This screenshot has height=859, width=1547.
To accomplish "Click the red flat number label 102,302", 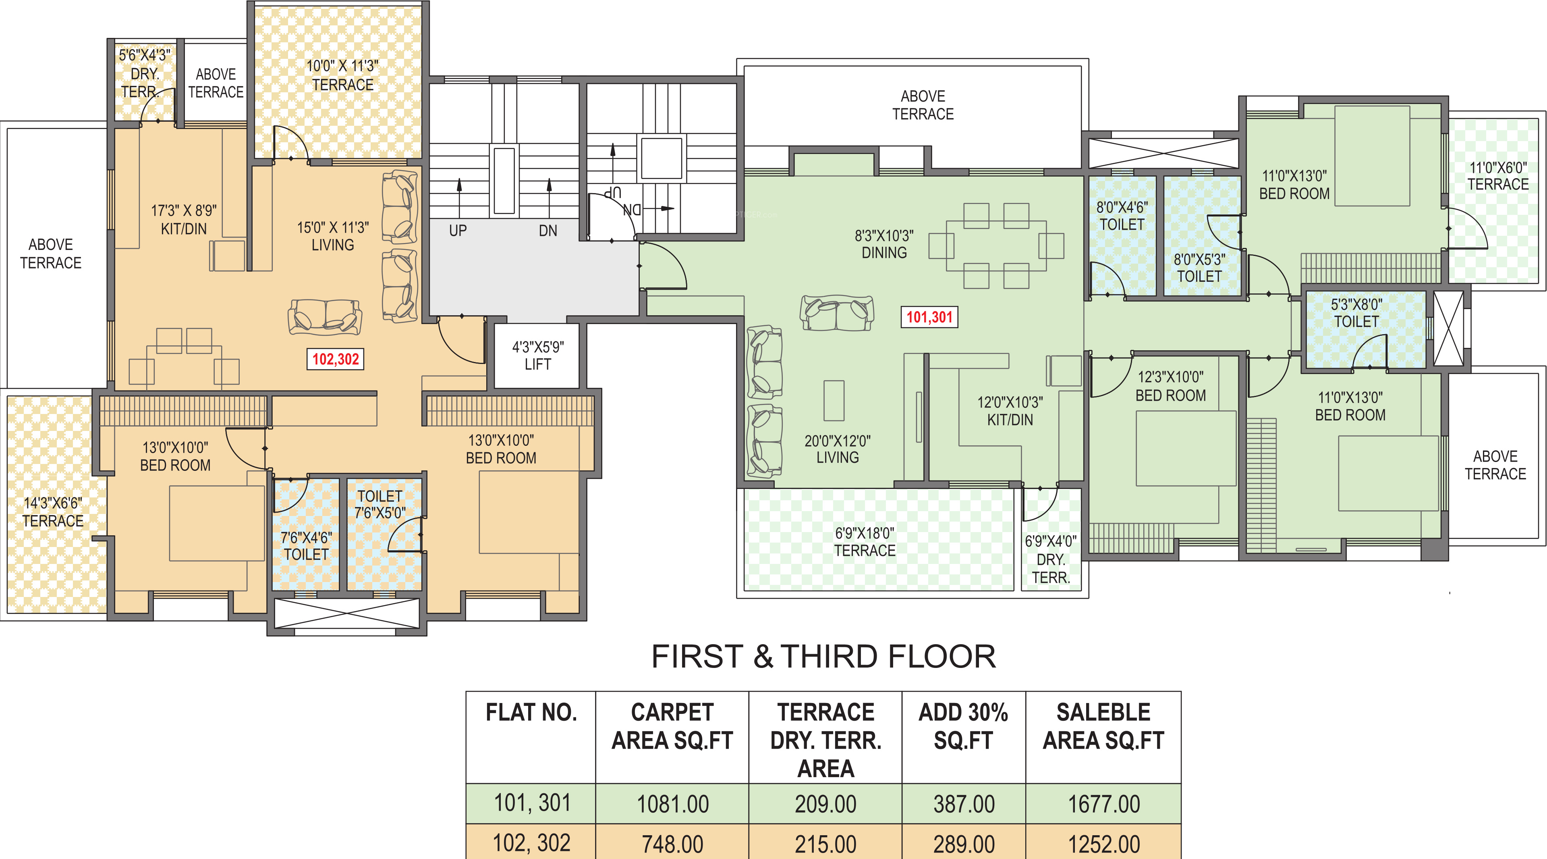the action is coord(335,359).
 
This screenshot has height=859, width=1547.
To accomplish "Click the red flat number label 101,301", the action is coord(929,317).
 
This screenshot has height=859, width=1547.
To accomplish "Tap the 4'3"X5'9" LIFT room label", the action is coord(537,356).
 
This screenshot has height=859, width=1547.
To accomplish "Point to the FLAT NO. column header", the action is coord(531,712).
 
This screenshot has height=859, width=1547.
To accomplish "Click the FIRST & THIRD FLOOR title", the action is coord(823,656).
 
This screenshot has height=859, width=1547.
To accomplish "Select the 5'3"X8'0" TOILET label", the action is coord(1356,313).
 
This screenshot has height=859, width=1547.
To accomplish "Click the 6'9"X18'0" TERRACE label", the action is coord(865,542).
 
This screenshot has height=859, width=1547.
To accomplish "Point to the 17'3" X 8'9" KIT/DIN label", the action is coord(184,220).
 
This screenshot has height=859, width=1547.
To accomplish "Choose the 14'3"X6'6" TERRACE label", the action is coord(53,512).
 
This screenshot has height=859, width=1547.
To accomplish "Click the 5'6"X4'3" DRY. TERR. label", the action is coord(144,74).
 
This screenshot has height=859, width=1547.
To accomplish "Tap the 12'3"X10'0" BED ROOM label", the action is coord(1170,386).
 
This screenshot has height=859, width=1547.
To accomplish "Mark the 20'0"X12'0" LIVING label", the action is coord(837,449).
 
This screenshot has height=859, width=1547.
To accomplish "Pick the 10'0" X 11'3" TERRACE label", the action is coord(342,75).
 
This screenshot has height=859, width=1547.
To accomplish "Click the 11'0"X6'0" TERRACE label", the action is coord(1498,176).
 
